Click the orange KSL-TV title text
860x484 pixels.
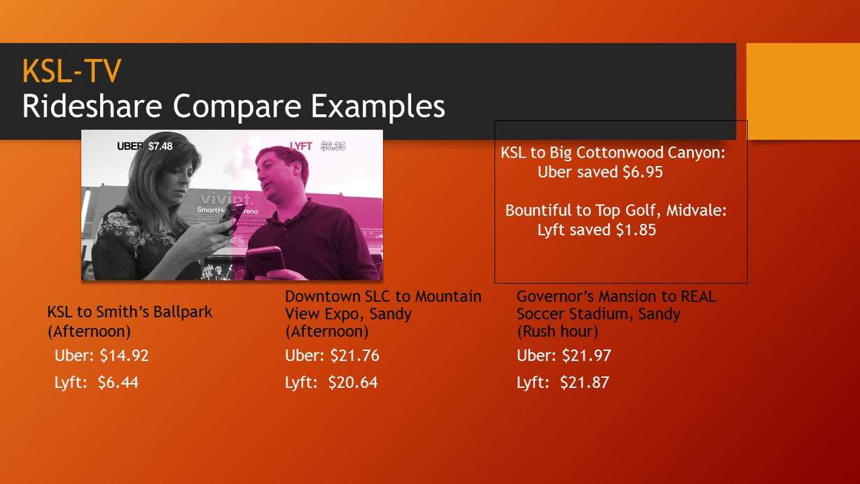71,71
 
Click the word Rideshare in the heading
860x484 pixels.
92,106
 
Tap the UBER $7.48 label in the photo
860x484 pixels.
144,146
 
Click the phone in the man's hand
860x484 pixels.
263,257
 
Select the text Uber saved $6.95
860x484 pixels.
599,172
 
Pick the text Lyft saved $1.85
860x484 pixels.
596,230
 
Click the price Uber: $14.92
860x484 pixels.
102,356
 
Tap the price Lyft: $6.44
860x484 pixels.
97,383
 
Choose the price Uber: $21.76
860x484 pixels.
332,356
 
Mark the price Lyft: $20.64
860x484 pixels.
331,383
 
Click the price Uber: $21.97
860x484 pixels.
564,356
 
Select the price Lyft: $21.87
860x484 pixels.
563,383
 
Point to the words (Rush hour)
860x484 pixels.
557,331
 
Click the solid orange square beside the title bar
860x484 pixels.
803,91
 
